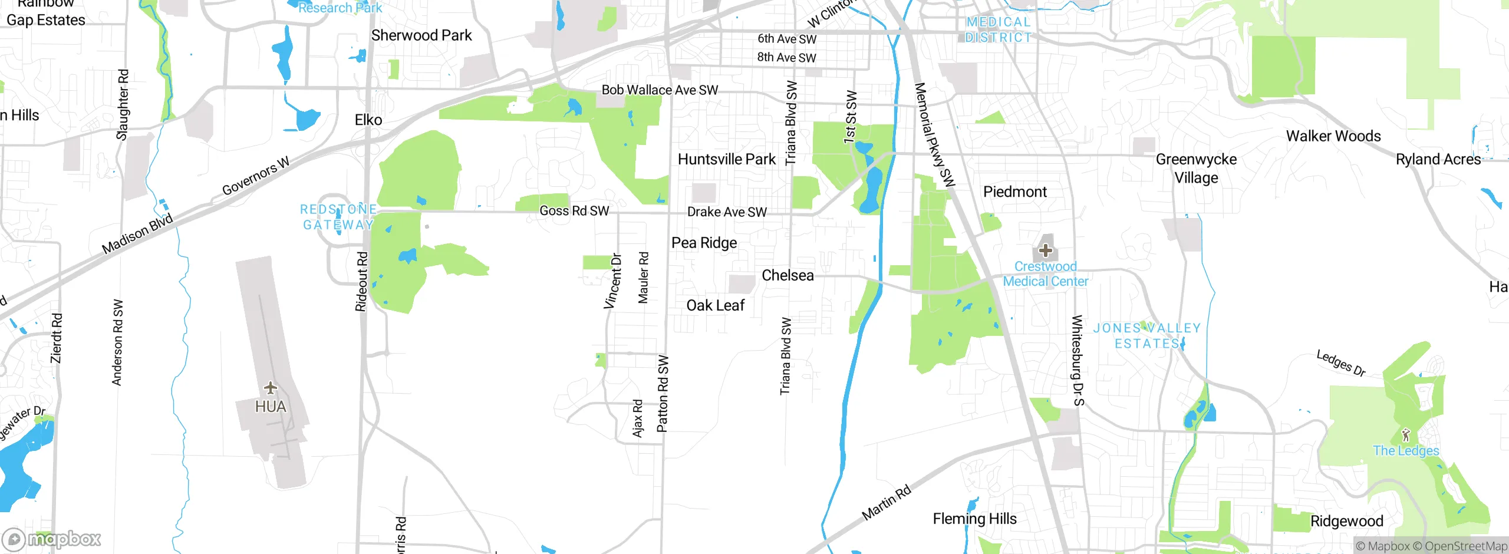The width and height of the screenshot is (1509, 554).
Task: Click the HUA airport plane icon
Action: pos(271,388)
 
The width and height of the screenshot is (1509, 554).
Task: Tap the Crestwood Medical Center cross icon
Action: pos(1046,250)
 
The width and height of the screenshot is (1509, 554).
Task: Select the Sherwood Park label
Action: pos(421,35)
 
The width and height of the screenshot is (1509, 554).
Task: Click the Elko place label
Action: pos(368,120)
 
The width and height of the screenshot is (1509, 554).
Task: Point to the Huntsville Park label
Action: pos(727,159)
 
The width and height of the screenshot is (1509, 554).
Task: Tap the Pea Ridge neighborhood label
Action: pos(704,243)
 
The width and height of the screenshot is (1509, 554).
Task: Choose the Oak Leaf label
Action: pos(716,305)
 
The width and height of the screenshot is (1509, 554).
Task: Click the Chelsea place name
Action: pos(788,275)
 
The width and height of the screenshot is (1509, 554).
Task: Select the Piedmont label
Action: pos(1015,192)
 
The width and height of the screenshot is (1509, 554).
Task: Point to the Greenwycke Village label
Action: pos(1196,169)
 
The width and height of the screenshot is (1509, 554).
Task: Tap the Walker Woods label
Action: pos(1333,136)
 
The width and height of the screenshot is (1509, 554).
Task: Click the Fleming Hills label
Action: pos(975,519)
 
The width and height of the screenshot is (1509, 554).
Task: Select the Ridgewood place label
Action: pos(1347,521)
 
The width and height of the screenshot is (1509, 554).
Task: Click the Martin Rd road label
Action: pos(886,503)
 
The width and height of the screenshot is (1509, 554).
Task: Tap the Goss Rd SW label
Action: pos(574,210)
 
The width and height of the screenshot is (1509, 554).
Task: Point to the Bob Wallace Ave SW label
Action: pos(660,90)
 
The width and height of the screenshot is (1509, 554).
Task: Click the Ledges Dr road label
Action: pos(1341,363)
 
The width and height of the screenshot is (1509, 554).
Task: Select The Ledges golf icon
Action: pos(1406,436)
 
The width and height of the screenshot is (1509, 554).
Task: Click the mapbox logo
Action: pos(51,539)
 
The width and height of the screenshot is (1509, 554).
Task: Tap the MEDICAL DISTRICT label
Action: pos(999,29)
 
